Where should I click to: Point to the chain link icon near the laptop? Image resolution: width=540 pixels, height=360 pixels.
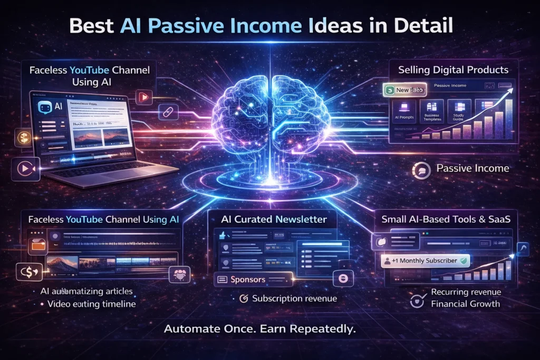(x=171, y=111)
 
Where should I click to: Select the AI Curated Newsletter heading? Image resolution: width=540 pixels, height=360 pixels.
(x=274, y=219)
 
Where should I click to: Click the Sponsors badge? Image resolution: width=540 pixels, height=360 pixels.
(x=247, y=279)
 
